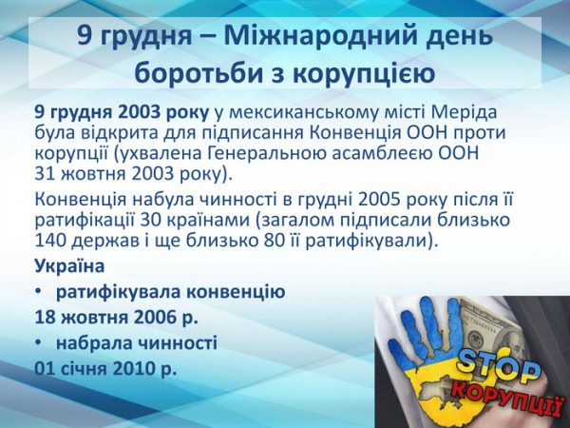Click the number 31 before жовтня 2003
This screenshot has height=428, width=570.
click(x=45, y=174)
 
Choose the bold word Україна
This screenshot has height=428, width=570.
click(x=69, y=265)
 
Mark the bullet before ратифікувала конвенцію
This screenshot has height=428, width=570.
click(x=38, y=292)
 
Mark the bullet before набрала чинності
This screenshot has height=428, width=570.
click(x=38, y=342)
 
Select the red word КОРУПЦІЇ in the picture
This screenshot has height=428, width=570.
click(x=508, y=398)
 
